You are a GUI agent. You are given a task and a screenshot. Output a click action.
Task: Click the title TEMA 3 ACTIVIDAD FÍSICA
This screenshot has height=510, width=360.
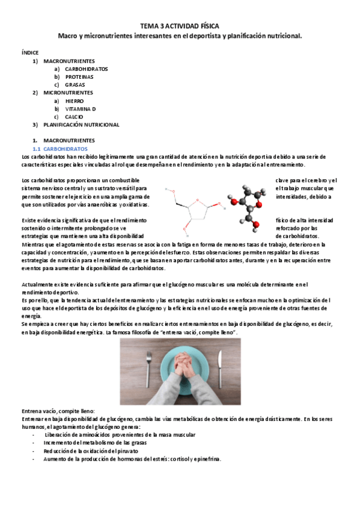(x=180, y=26)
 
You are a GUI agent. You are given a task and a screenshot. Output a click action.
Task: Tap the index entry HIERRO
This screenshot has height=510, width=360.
(x=75, y=101)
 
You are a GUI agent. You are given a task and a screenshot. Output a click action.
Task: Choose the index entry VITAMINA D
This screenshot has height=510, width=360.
(x=81, y=109)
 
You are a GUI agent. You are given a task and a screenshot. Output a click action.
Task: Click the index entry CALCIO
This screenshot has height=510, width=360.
(x=75, y=117)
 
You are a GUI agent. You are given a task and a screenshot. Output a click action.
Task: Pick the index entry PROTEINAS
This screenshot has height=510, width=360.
(x=79, y=77)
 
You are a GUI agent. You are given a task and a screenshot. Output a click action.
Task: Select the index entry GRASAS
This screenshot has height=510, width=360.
(x=75, y=85)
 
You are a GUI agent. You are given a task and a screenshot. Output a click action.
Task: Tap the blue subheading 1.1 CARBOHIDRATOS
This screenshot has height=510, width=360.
(x=60, y=148)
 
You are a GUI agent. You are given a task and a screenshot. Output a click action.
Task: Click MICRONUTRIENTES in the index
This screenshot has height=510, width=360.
(x=68, y=93)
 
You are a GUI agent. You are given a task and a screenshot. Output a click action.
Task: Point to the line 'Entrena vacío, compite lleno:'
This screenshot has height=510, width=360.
(x=63, y=410)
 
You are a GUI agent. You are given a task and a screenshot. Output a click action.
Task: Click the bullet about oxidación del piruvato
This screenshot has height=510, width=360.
(x=91, y=450)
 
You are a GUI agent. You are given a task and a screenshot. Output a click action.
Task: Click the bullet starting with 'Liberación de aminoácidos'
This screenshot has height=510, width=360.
(x=120, y=434)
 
